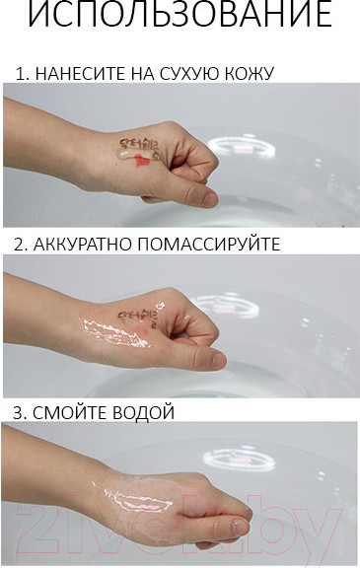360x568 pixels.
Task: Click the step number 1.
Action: (x=20, y=74)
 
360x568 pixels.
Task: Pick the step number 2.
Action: (x=20, y=244)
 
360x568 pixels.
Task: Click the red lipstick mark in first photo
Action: (x=144, y=159)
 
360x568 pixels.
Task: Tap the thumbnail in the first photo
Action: (x=209, y=197)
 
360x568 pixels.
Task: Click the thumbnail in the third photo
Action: (x=241, y=528)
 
